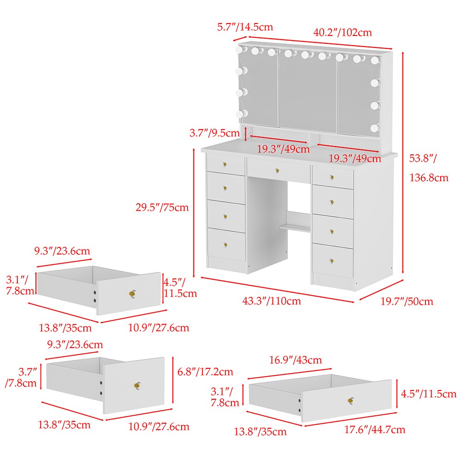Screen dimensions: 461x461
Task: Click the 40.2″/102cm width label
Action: [x=343, y=32]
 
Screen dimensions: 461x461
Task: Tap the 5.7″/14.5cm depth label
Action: [x=245, y=27]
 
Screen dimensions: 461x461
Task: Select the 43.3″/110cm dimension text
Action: [x=272, y=301]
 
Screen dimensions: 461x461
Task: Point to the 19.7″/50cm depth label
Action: [x=407, y=301]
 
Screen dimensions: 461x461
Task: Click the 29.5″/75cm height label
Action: [x=162, y=207]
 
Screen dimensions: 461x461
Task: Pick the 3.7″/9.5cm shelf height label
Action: [x=214, y=133]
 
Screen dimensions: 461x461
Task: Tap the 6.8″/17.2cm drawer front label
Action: [x=205, y=372]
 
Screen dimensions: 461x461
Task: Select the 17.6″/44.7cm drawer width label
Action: [x=375, y=430]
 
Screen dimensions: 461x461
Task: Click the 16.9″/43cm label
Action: [x=296, y=360]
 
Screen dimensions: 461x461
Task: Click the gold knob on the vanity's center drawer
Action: [x=277, y=171]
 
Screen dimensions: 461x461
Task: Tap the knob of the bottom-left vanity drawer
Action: [x=225, y=245]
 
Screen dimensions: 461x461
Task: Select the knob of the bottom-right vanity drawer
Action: [x=331, y=261]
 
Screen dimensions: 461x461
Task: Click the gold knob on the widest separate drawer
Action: [x=351, y=400]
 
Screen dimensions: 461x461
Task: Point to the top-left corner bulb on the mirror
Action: [x=241, y=49]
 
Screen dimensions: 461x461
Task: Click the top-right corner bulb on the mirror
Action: [x=375, y=60]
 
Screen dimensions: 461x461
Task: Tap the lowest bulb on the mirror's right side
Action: [x=374, y=128]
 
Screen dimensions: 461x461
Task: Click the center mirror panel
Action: [x=308, y=91]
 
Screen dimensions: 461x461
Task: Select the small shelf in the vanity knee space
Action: [x=295, y=227]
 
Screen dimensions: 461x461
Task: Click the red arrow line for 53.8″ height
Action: [x=403, y=163]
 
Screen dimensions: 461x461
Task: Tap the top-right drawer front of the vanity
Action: [x=333, y=177]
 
